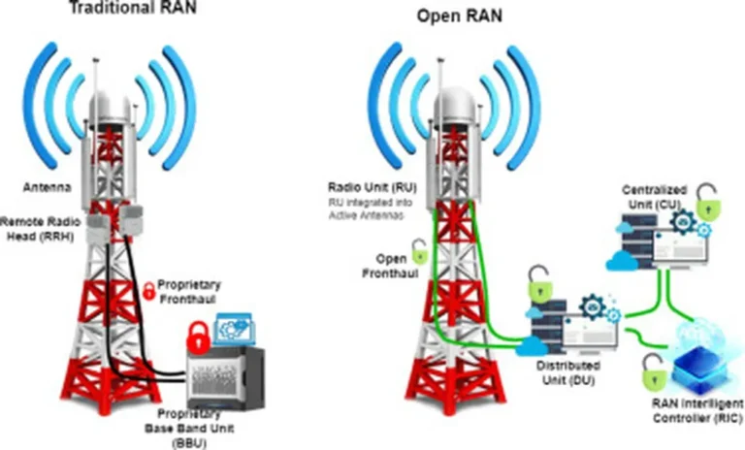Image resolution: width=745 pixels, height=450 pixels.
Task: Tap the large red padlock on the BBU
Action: (197, 338)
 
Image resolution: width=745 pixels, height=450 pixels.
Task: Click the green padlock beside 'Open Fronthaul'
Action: (420, 254)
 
